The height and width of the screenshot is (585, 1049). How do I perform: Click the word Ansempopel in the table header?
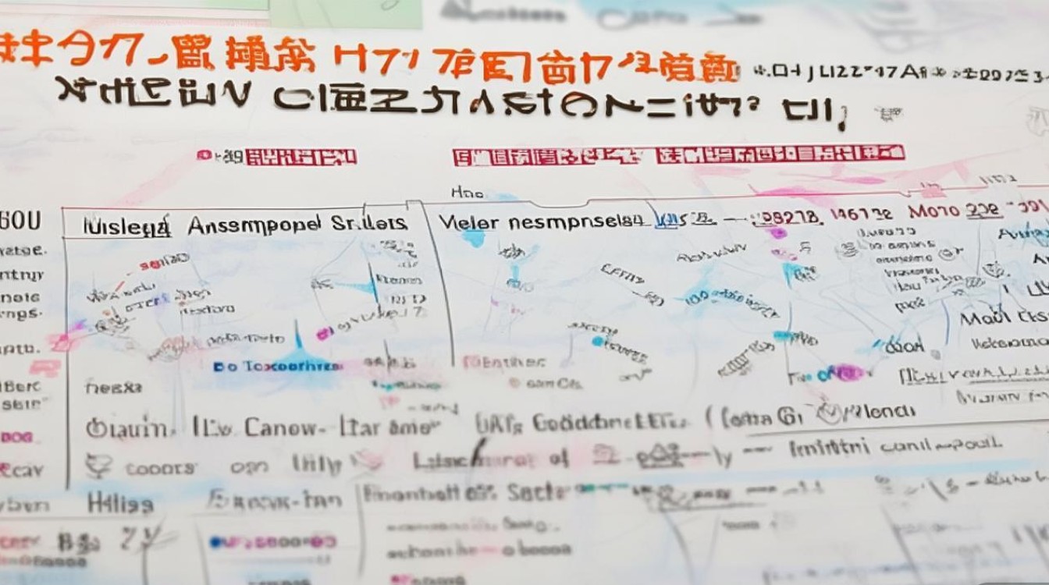(x=253, y=225)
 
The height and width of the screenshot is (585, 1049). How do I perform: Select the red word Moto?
(x=933, y=211)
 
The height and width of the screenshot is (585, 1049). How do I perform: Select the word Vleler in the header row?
(x=467, y=222)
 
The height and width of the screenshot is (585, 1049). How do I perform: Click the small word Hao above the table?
(x=468, y=191)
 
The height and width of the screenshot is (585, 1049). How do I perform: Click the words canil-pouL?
(x=940, y=445)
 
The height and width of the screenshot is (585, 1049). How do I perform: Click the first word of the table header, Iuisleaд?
(x=126, y=226)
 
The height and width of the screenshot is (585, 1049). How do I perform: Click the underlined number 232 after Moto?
(x=982, y=211)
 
